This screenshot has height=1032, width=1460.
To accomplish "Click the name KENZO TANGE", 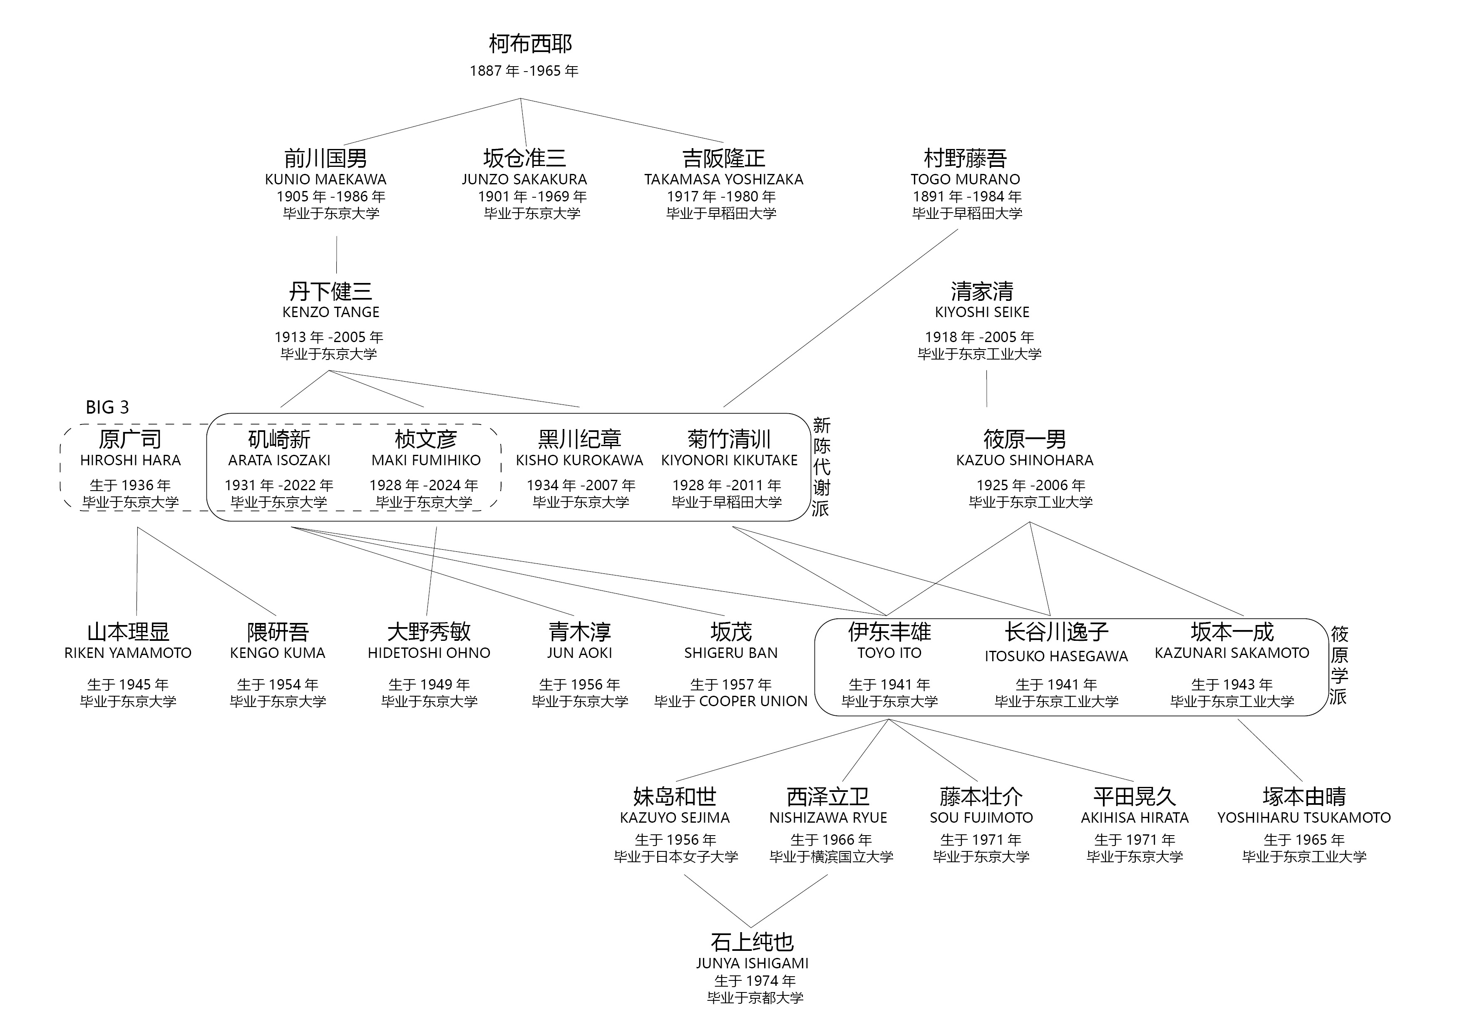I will [330, 312].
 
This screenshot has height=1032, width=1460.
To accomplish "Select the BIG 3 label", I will [107, 407].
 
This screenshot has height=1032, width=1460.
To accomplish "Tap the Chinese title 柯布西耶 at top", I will [530, 44].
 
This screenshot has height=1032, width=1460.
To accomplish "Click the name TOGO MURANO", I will [965, 180].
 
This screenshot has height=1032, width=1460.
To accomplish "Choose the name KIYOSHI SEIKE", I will [982, 312].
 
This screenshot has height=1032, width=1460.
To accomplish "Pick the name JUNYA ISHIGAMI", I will [752, 963].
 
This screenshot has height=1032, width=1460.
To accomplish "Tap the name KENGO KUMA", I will [277, 653].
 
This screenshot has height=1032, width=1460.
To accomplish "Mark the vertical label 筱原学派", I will [1338, 665].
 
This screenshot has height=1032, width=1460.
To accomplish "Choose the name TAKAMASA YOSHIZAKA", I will [724, 180].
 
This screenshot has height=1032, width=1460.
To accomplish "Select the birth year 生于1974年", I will [754, 981].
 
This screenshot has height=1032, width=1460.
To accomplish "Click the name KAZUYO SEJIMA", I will [675, 818].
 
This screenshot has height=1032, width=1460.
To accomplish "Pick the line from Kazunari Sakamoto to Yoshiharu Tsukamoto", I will [1270, 750].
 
